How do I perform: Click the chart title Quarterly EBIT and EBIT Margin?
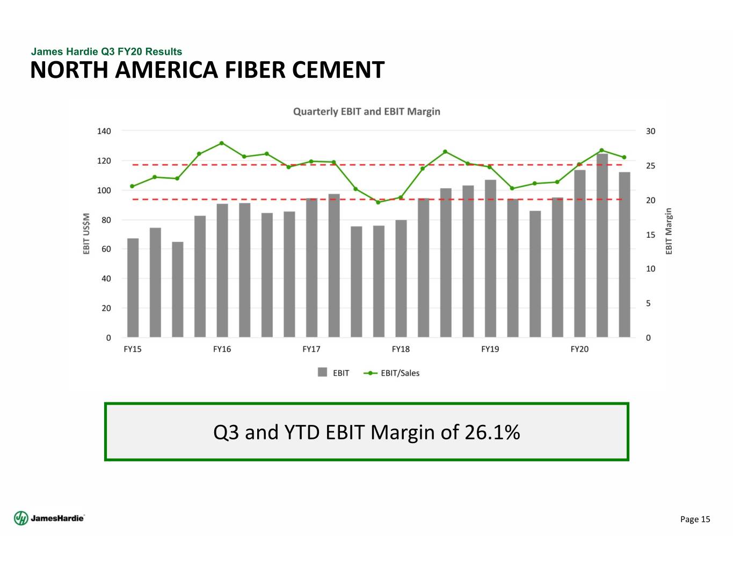[366, 112]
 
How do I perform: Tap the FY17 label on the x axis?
[311, 349]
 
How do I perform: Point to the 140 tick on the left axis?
[104, 131]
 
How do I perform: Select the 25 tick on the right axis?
[650, 166]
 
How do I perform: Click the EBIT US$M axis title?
[86, 234]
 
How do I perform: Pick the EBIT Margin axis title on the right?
[669, 231]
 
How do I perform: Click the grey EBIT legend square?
[322, 372]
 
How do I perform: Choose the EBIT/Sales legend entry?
[400, 373]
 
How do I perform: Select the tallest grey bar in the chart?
[602, 245]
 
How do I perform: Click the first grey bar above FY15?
[133, 288]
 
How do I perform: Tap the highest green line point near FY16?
[221, 143]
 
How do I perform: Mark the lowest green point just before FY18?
[378, 202]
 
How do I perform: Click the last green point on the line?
[624, 158]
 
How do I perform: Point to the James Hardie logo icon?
[21, 518]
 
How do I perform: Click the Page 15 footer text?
[695, 519]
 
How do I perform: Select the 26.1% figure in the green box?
[492, 432]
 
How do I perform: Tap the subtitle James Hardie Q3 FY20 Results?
[106, 52]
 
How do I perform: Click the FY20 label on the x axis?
[579, 349]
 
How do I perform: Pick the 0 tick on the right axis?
[648, 338]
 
